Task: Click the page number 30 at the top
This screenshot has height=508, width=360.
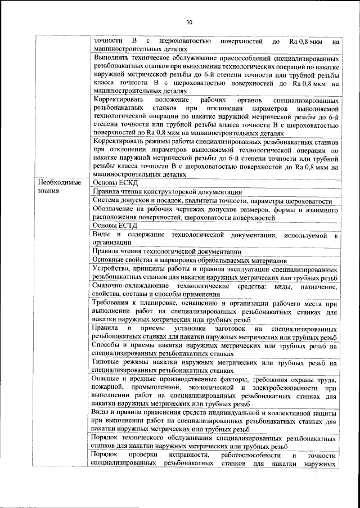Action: coord(189,22)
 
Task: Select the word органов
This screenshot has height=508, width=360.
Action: coord(244,100)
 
